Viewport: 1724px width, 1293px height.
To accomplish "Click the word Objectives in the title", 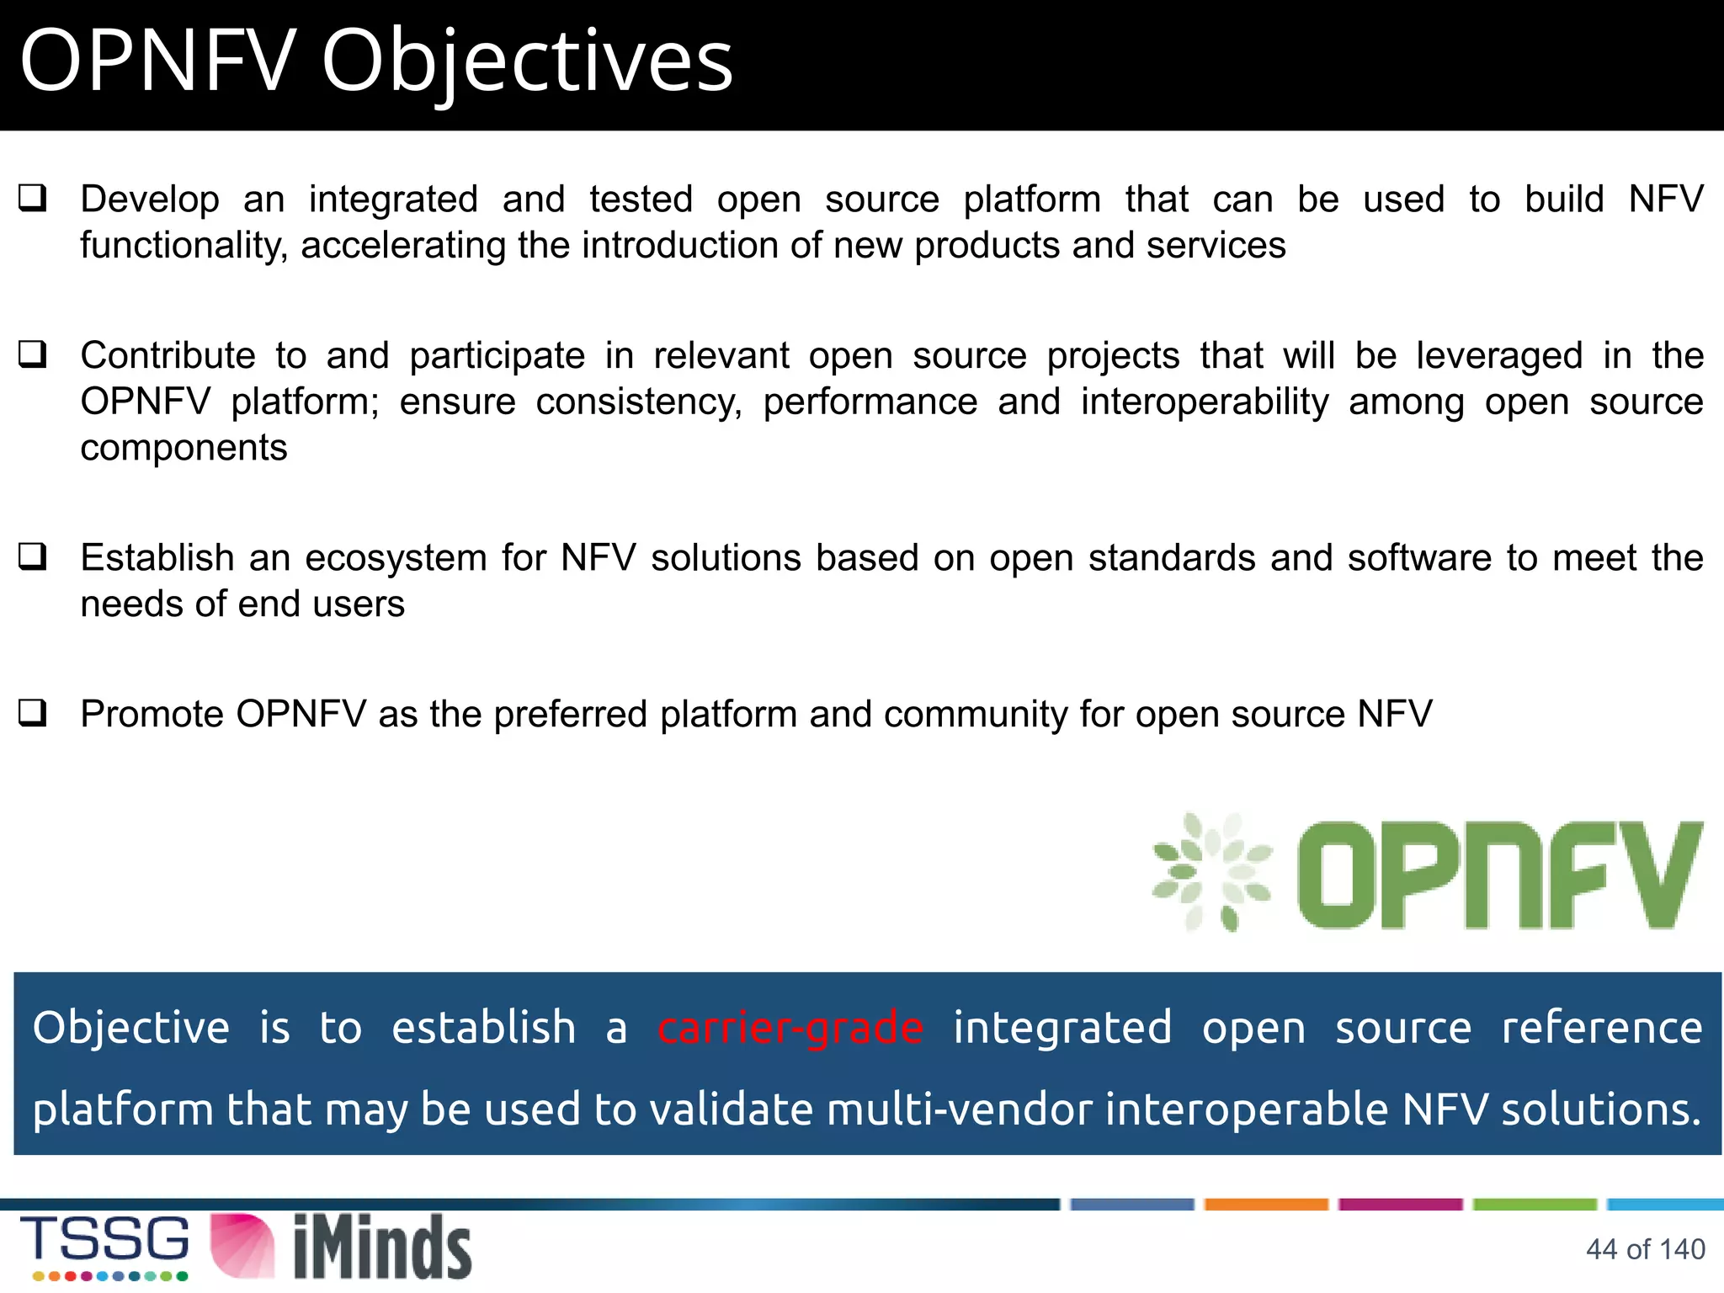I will click(x=527, y=61).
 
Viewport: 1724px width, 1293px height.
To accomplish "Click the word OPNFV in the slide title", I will click(x=157, y=61).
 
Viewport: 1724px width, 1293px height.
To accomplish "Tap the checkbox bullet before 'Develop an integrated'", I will click(x=33, y=199).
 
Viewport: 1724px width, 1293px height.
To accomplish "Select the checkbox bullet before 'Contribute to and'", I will click(x=33, y=354).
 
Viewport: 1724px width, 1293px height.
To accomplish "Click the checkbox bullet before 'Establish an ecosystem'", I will click(x=33, y=556).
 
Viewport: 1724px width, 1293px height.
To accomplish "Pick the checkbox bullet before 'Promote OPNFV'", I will click(x=33, y=713).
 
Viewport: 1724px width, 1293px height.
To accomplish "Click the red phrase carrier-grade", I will click(x=790, y=1028).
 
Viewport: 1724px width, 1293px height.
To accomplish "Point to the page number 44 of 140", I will click(x=1645, y=1249).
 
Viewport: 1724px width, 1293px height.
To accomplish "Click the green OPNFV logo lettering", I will click(x=1498, y=875).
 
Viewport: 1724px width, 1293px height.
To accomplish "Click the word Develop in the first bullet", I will click(x=150, y=200).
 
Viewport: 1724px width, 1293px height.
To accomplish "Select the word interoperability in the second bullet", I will click(x=1205, y=402).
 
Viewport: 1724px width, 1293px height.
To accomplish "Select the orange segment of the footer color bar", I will click(x=1266, y=1204).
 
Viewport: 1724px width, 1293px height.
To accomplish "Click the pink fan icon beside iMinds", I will click(x=242, y=1246).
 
